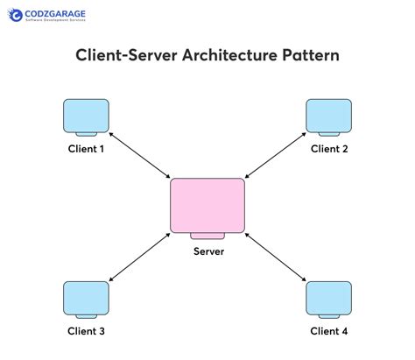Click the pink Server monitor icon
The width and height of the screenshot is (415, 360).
click(207, 205)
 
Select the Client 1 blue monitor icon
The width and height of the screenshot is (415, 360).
click(87, 117)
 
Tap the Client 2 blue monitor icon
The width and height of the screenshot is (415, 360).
click(328, 117)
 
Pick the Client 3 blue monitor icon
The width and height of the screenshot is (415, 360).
click(87, 299)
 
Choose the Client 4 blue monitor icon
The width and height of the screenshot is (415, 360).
click(328, 299)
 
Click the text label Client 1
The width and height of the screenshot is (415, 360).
click(87, 149)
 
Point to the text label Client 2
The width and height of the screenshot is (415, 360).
click(329, 149)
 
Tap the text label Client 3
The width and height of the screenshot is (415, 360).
click(87, 331)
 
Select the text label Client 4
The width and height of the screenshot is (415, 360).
click(329, 331)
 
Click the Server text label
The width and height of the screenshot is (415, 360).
click(208, 251)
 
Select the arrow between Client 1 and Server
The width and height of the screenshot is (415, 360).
click(141, 157)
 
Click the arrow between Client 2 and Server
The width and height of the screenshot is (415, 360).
click(274, 157)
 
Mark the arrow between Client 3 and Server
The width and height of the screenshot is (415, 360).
click(141, 260)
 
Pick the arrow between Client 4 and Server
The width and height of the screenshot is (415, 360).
click(275, 260)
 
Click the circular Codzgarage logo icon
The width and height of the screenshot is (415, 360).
click(16, 17)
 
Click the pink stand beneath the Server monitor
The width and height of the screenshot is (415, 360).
click(207, 236)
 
